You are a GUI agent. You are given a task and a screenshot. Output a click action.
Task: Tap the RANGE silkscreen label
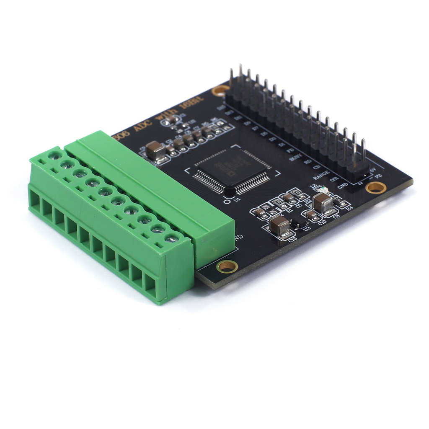(x=320, y=176)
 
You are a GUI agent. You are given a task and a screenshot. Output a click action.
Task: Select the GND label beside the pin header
(x=343, y=186)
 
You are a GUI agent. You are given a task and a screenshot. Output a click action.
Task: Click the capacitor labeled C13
(x=279, y=227)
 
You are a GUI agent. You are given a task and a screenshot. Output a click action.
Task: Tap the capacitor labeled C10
(x=312, y=215)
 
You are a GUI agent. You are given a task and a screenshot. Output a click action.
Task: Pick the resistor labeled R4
(x=344, y=204)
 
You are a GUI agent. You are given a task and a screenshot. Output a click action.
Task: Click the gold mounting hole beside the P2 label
(x=375, y=187)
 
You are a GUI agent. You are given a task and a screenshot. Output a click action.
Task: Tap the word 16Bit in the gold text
(x=191, y=103)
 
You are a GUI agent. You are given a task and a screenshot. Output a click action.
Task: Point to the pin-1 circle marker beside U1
(x=227, y=200)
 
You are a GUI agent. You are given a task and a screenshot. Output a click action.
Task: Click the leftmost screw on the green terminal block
(x=54, y=156)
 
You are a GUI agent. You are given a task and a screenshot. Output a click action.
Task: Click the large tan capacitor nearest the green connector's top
(x=155, y=150)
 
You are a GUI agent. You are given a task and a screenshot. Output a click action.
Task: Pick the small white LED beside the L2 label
(x=321, y=191)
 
